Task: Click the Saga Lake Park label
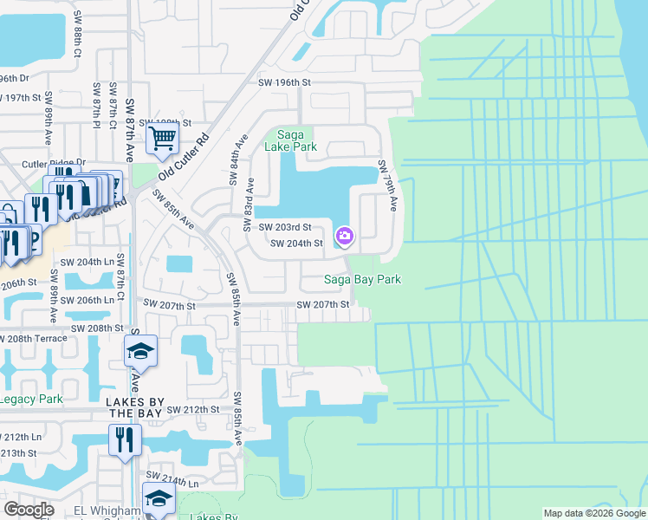(296, 140)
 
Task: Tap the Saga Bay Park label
(362, 279)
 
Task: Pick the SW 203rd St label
(285, 227)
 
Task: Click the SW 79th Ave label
(386, 185)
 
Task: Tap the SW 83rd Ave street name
(250, 198)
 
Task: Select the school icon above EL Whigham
(159, 498)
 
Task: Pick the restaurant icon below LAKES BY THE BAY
(125, 439)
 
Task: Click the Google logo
(29, 510)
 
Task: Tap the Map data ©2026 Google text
(593, 513)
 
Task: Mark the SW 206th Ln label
(84, 300)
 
